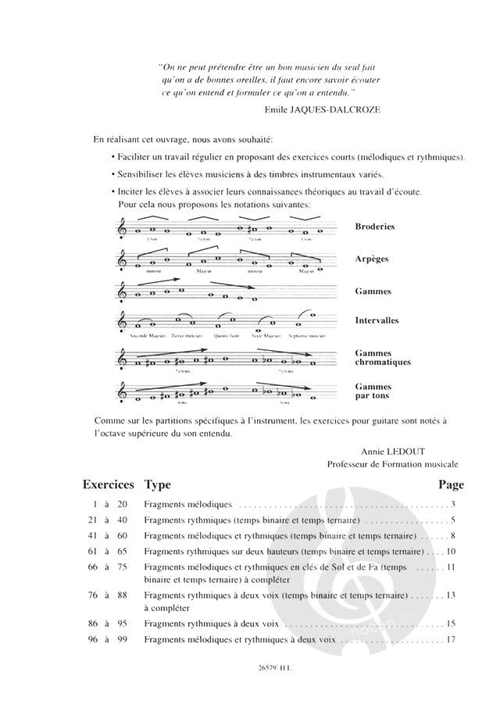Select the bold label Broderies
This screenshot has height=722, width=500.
coord(374,227)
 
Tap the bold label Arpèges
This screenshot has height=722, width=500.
coord(371,258)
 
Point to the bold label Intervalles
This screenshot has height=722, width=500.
coord(376,320)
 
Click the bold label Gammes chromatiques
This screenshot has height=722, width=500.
coord(382,358)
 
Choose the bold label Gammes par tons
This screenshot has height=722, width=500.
coord(372,391)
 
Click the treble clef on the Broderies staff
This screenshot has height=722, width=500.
coord(121,227)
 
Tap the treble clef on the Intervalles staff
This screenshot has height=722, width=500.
coord(121,321)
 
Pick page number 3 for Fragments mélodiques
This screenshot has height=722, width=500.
coord(452,506)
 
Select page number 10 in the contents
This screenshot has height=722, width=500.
coord(451,552)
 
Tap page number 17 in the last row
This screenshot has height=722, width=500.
coord(451,640)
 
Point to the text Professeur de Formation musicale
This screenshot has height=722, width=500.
coord(393,464)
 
